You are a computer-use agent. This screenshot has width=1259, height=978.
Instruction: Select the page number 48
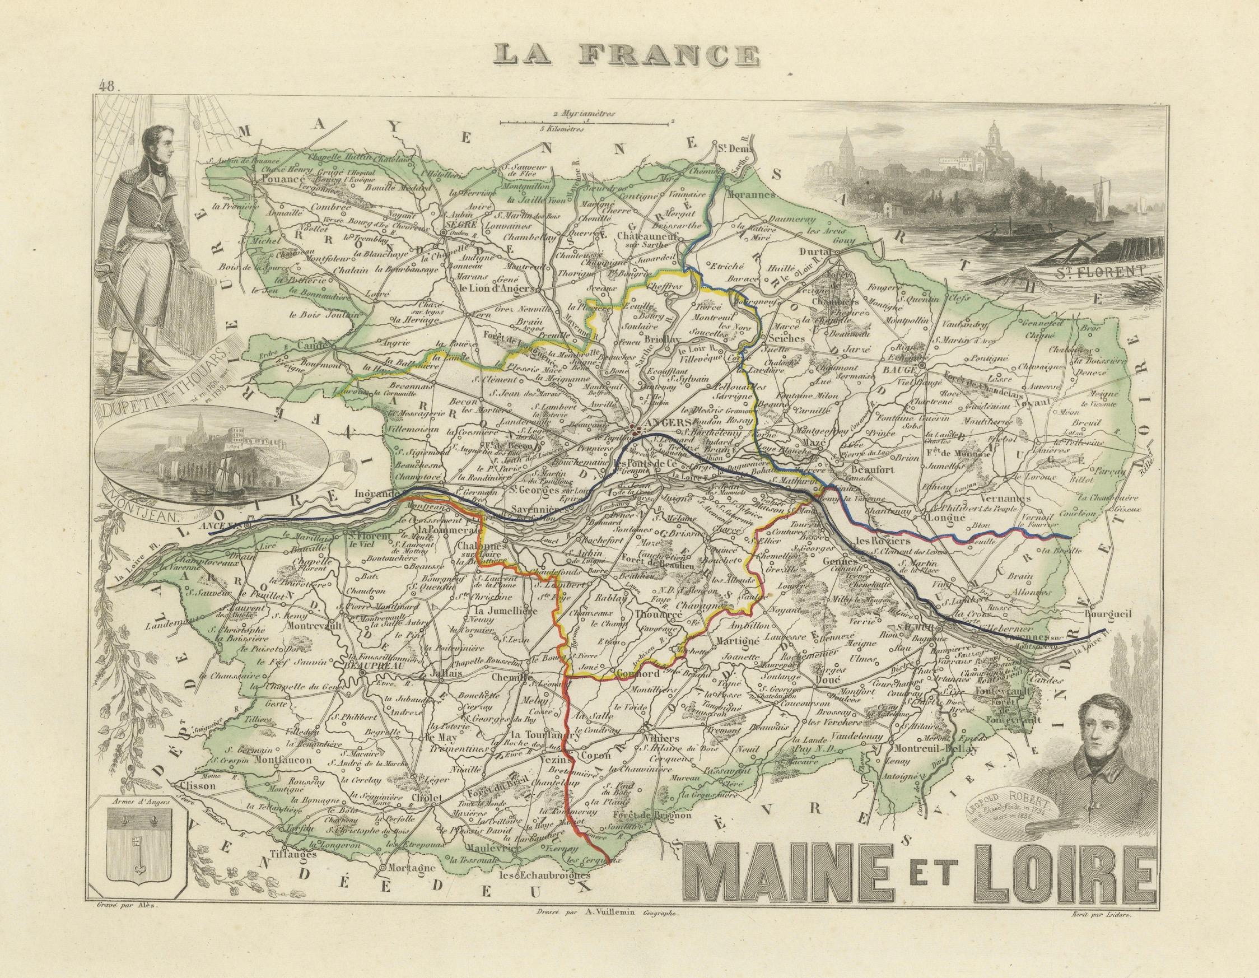click(x=108, y=87)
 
